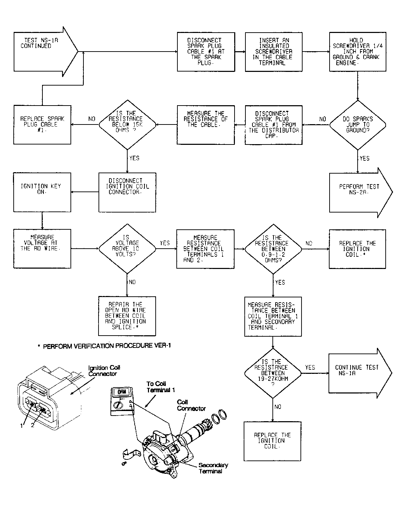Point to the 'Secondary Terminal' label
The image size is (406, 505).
(213, 468)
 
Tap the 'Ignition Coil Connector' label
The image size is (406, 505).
(104, 371)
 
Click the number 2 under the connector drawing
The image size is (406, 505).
(33, 425)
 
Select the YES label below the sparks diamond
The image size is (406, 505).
(365, 159)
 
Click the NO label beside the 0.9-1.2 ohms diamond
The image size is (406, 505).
(309, 243)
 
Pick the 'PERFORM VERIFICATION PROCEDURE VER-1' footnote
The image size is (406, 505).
(104, 346)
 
